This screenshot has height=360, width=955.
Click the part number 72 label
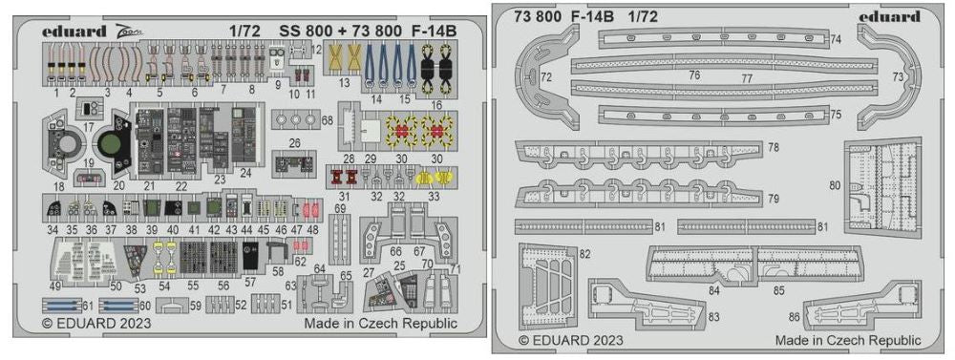(x=545, y=74)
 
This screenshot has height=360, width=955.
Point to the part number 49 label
(x=56, y=286)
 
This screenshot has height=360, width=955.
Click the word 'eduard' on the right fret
(x=888, y=16)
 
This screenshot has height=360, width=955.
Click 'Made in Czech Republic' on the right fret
(x=848, y=340)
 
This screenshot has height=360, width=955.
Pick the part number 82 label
(x=584, y=253)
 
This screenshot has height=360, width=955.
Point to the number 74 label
(x=835, y=40)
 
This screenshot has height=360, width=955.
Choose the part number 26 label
(x=295, y=143)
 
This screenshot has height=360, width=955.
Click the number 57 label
(x=250, y=283)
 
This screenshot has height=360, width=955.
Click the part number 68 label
(x=328, y=120)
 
